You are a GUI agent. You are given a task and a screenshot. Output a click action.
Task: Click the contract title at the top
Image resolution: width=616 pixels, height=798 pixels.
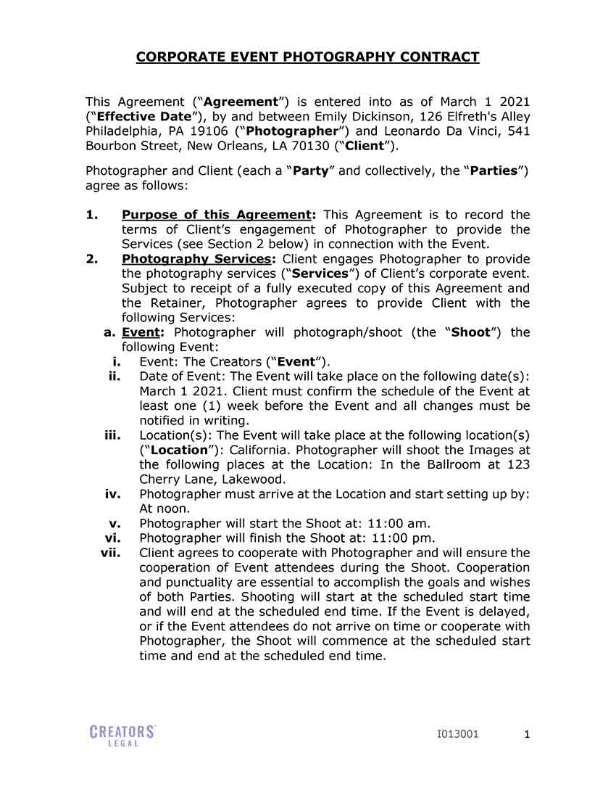(x=307, y=57)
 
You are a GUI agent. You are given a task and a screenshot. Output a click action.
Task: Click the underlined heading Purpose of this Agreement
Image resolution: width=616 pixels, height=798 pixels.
(x=216, y=215)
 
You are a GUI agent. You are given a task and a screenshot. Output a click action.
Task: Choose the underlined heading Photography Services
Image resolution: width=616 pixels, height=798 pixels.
(x=196, y=259)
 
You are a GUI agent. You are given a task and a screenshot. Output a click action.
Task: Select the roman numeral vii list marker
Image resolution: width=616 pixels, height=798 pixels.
(x=110, y=553)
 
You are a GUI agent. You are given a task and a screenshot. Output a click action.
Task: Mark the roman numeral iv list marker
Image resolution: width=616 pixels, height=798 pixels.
(x=112, y=494)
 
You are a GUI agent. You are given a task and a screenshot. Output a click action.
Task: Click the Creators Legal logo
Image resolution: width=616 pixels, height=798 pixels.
(x=122, y=735)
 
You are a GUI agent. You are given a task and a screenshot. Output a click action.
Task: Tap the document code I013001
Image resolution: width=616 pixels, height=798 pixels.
(x=458, y=734)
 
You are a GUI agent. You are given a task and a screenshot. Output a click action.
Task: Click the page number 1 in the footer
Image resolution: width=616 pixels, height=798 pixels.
(x=527, y=734)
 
